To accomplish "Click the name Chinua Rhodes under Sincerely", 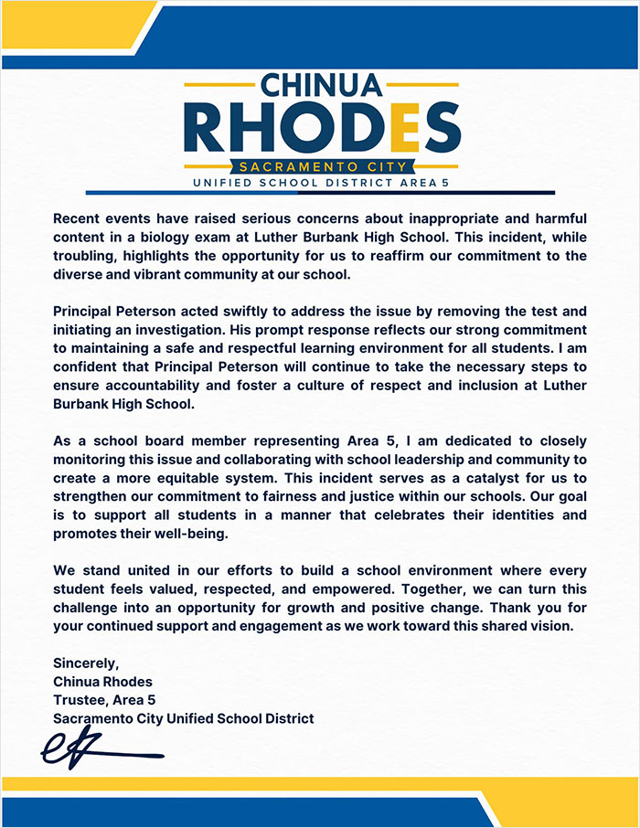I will (103, 682).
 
